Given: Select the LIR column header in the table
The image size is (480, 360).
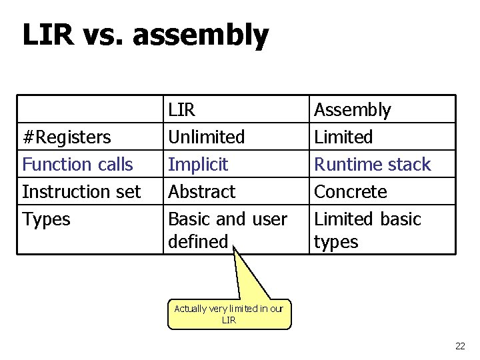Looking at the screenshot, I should (x=182, y=110).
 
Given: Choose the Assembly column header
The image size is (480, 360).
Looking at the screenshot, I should (x=352, y=110).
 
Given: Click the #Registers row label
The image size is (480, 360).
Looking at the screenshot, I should (x=67, y=137).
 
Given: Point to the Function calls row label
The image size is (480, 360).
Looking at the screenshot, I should (x=77, y=164).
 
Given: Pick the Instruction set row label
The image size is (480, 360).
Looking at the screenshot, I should (x=81, y=192).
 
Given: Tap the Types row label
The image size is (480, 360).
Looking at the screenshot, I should (x=46, y=219).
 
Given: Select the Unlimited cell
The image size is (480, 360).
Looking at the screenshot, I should (x=207, y=137).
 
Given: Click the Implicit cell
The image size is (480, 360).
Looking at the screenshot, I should (x=198, y=164).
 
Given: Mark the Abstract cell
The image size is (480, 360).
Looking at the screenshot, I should (x=202, y=192).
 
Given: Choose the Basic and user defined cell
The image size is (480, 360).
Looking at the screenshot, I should (x=227, y=229).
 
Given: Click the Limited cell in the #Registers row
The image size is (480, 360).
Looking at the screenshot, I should (x=343, y=137).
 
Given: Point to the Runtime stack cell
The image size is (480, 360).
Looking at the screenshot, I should (x=372, y=164).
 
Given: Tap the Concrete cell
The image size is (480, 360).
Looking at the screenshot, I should (x=350, y=192).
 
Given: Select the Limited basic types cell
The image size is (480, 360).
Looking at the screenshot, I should (x=367, y=229).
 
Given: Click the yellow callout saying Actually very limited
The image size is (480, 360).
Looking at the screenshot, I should (x=229, y=314).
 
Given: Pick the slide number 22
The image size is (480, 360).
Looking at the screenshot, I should (x=459, y=345).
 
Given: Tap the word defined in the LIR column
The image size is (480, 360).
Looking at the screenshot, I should (x=198, y=241).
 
